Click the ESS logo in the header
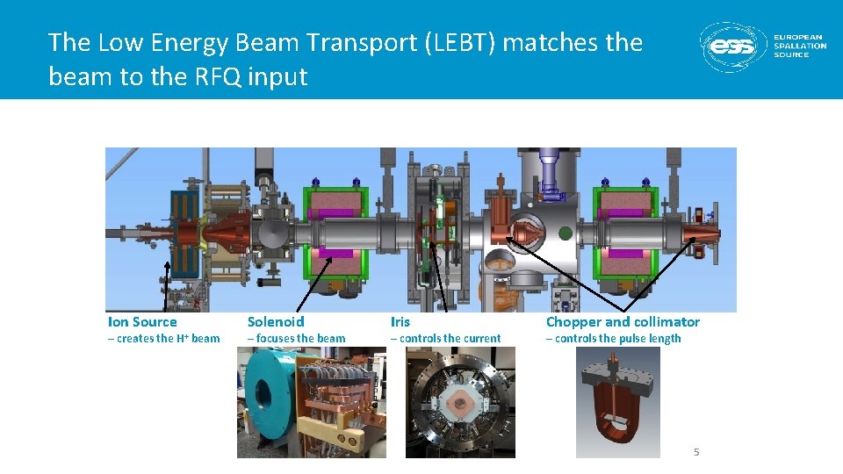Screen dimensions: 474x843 (x=733, y=47)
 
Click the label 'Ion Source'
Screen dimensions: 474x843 (x=142, y=322)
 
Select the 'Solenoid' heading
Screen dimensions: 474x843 (x=276, y=322)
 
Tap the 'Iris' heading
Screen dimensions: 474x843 (x=400, y=322)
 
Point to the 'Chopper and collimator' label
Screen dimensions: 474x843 (x=623, y=322)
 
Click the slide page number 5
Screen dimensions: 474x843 (x=696, y=452)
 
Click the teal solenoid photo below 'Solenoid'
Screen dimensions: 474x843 (x=311, y=402)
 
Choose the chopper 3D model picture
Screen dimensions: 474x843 (x=618, y=402)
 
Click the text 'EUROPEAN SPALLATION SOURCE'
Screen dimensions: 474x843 (x=799, y=47)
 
